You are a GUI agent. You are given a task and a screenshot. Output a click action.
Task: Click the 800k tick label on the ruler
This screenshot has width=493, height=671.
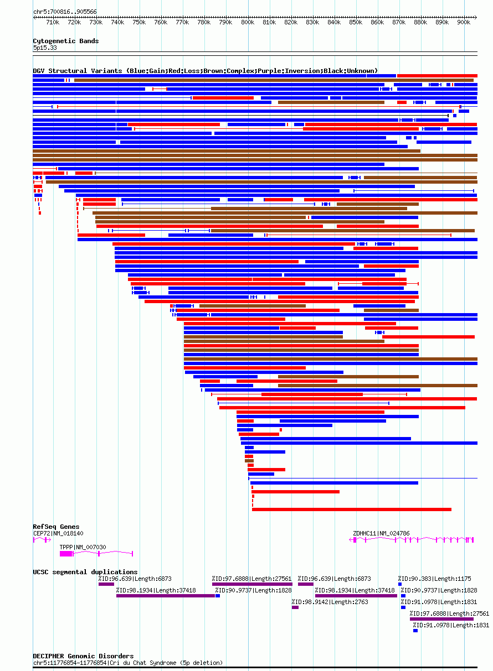coord(248,23)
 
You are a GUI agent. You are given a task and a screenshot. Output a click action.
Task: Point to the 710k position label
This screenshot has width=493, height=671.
coord(53,23)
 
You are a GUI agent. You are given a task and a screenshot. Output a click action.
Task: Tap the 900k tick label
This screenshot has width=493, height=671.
coord(464,23)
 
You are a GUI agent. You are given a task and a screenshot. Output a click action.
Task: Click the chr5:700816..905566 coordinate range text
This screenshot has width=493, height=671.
coord(65,12)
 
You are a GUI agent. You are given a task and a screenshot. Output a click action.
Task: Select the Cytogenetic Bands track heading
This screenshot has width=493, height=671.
coord(66,41)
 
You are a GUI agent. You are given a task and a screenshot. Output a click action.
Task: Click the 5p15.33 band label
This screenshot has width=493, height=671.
coord(45,48)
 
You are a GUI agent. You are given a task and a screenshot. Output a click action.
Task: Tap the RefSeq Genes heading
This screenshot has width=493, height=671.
coord(56,527)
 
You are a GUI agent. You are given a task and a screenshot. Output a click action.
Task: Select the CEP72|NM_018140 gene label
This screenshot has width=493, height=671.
coord(58,533)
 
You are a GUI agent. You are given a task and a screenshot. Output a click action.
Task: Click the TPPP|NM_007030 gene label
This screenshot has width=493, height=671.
coord(83,547)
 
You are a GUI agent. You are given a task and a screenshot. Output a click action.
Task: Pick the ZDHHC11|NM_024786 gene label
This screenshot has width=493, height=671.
coord(381,533)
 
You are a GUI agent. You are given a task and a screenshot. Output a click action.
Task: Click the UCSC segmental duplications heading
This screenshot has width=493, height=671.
coord(85,572)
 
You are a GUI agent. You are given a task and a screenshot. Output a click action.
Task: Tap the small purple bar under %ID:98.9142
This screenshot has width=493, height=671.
coord(295,607)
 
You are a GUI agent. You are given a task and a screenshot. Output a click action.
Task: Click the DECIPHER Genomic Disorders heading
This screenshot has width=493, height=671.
coord(83,656)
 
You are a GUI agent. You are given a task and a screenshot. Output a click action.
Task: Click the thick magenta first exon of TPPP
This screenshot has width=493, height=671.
coord(66,553)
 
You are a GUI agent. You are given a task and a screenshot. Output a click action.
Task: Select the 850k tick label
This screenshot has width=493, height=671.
coord(356,23)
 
